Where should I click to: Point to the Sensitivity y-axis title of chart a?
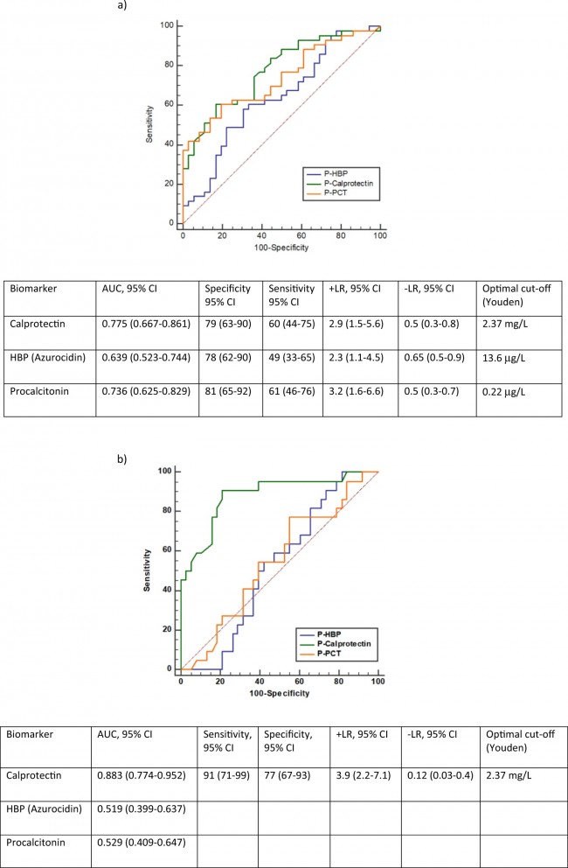tap(150, 124)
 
